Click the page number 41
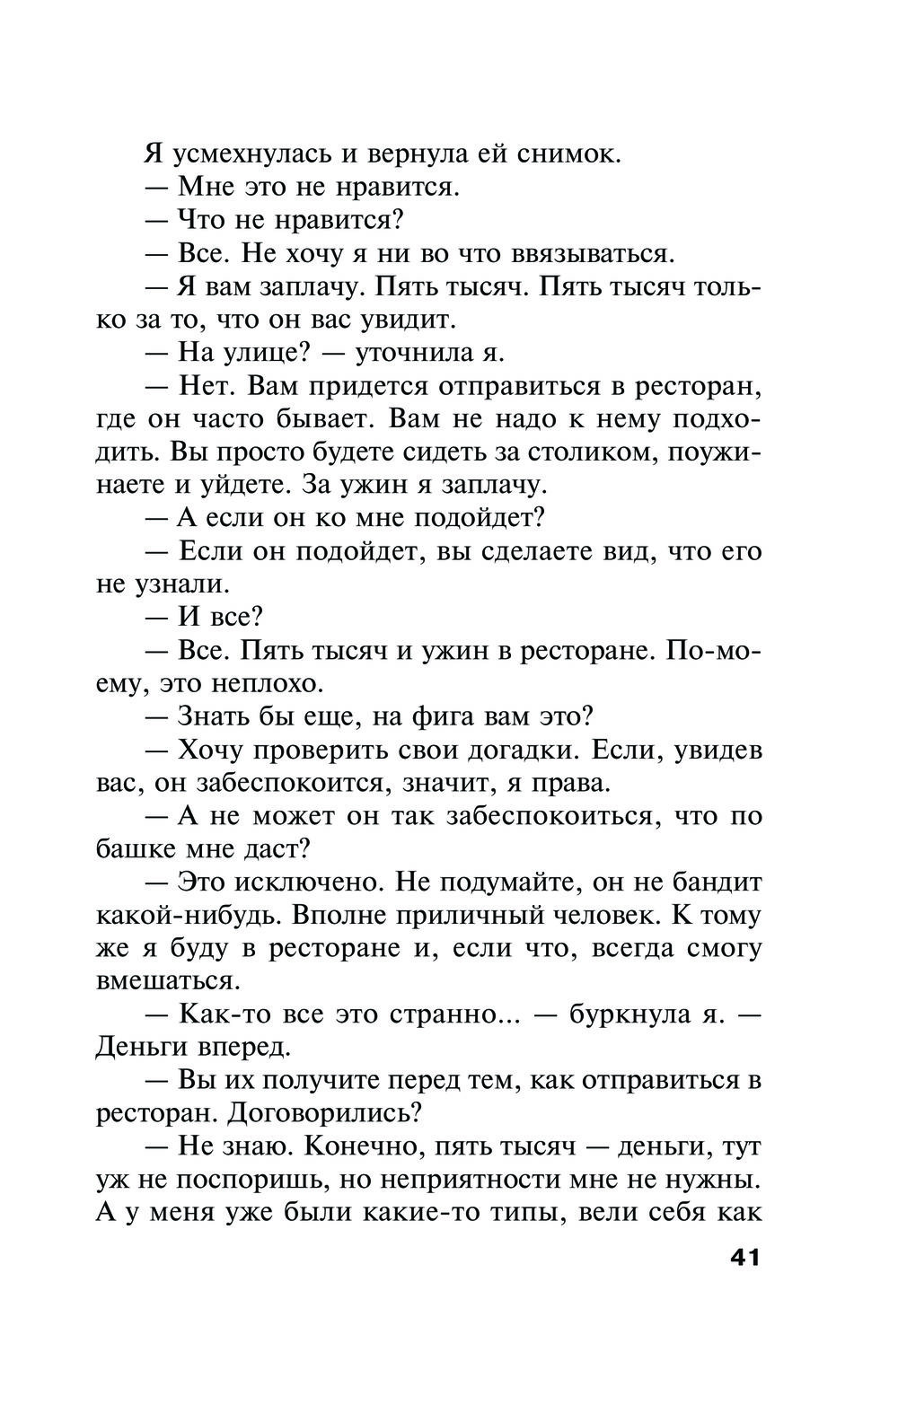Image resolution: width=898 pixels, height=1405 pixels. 744,1258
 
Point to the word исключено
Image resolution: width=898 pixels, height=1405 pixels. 306,882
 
